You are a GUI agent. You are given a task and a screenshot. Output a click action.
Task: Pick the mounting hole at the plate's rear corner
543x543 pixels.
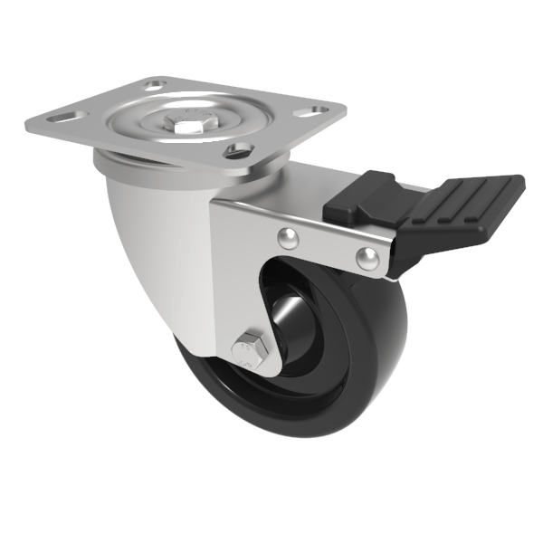tap(157, 84)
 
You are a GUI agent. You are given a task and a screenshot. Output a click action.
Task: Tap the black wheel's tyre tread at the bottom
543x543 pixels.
tap(271, 425)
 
